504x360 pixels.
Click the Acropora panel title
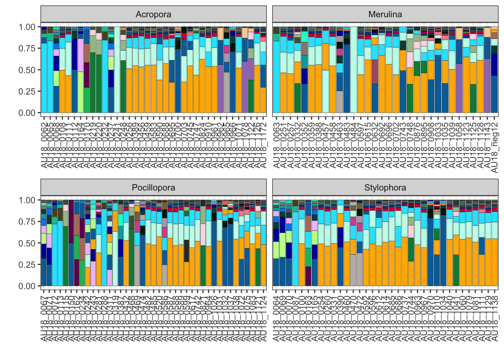[153, 14]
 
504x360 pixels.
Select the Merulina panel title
[385, 14]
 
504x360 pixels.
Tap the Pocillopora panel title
[153, 187]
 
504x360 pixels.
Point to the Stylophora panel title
[385, 187]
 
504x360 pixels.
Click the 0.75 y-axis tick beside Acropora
[27, 48]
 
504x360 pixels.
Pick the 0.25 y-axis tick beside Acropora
[27, 91]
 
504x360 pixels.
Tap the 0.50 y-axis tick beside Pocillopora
[27, 243]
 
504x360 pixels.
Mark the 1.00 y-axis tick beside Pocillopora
[27, 200]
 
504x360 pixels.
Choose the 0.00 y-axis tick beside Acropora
[27, 113]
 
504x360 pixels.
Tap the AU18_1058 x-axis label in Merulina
[459, 144]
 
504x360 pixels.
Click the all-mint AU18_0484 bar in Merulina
[354, 71]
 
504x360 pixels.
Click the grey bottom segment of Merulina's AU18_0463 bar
[340, 102]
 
